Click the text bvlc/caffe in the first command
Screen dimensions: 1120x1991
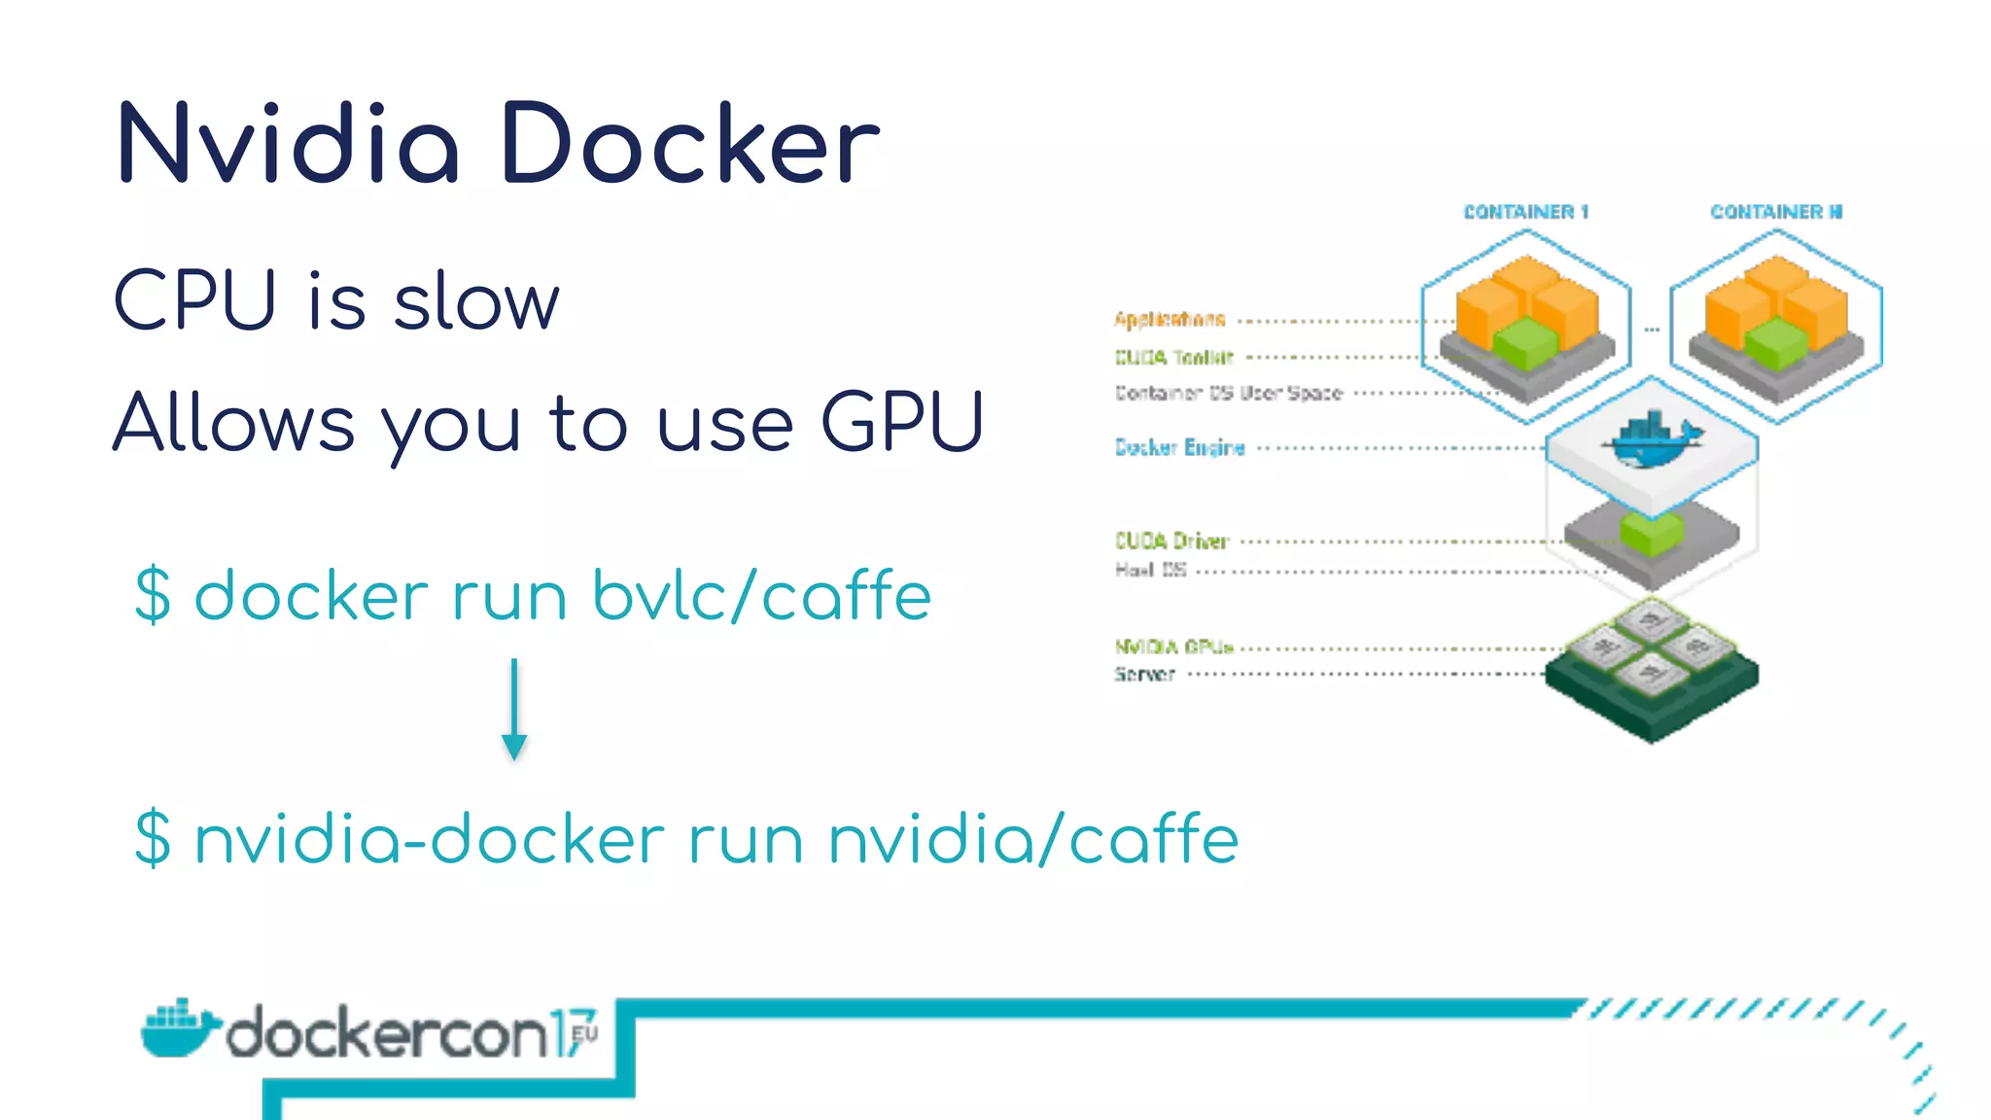761,595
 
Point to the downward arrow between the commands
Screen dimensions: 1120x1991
514,710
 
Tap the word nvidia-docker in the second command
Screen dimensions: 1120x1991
430,839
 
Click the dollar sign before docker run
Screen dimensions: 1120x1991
154,595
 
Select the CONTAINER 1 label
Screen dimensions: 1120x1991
1525,212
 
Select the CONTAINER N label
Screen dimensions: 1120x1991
1776,212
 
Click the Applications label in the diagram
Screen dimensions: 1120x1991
1170,319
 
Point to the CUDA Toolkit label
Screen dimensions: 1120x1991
1173,358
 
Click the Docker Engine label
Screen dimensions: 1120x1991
1179,447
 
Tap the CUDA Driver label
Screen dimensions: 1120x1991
1171,541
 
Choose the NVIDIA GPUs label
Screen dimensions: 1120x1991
1173,647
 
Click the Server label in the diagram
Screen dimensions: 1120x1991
1144,674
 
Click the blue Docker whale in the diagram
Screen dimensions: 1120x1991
1651,441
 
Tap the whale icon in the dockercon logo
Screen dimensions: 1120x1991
178,1029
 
